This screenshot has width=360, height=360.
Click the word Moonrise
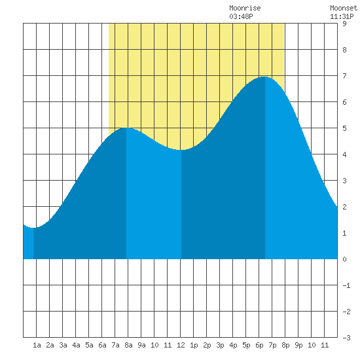coord(245,8)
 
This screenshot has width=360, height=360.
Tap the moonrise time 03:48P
coord(241,16)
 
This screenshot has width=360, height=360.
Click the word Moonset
coord(344,8)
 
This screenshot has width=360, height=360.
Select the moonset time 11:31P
coord(342,16)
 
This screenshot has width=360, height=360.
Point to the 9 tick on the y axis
coord(344,24)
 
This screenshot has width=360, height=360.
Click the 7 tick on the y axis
coord(344,76)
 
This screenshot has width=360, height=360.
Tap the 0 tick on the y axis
coord(344,259)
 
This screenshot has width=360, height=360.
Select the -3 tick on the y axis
coord(346,338)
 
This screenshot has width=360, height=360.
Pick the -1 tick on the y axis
coord(346,285)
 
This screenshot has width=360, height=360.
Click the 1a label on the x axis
coord(37,345)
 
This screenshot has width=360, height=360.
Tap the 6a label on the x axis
coord(102,345)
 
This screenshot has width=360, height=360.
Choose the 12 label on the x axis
coord(181,345)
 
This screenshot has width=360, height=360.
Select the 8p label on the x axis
coord(285,345)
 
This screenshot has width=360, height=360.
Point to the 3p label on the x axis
coord(220,345)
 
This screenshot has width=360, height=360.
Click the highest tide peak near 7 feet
coord(265,77)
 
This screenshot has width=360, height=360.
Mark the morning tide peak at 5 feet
coord(126,128)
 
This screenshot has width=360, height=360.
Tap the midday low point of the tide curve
coord(181,150)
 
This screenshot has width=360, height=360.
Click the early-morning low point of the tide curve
coord(33,228)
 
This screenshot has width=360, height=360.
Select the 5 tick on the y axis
coord(344,128)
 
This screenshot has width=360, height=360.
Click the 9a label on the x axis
coord(141,345)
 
